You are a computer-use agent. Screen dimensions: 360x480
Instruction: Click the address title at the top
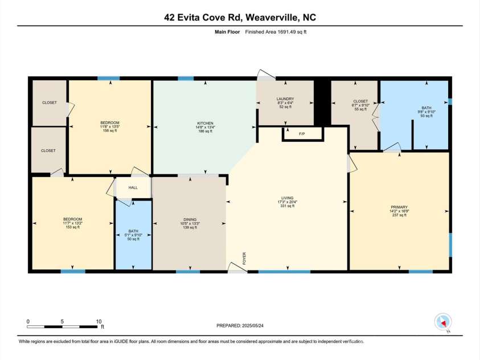pyautogui.click(x=240, y=18)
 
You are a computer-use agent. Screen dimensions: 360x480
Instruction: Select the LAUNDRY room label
pyautogui.click(x=285, y=99)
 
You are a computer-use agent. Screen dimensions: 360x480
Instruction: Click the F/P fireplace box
pyautogui.click(x=302, y=134)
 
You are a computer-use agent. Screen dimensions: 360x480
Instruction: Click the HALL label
pyautogui.click(x=133, y=187)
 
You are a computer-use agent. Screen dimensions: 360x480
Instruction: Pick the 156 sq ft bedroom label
pyautogui.click(x=109, y=123)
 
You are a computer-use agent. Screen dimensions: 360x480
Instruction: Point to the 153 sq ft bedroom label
pyautogui.click(x=72, y=219)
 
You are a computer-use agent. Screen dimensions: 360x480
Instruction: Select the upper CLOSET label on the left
pyautogui.click(x=49, y=103)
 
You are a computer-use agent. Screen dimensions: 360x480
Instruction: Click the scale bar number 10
pyautogui.click(x=99, y=321)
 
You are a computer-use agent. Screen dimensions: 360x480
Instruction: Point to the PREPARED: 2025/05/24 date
pyautogui.click(x=241, y=326)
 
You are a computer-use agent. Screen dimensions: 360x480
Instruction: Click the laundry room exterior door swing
pyautogui.click(x=265, y=75)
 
